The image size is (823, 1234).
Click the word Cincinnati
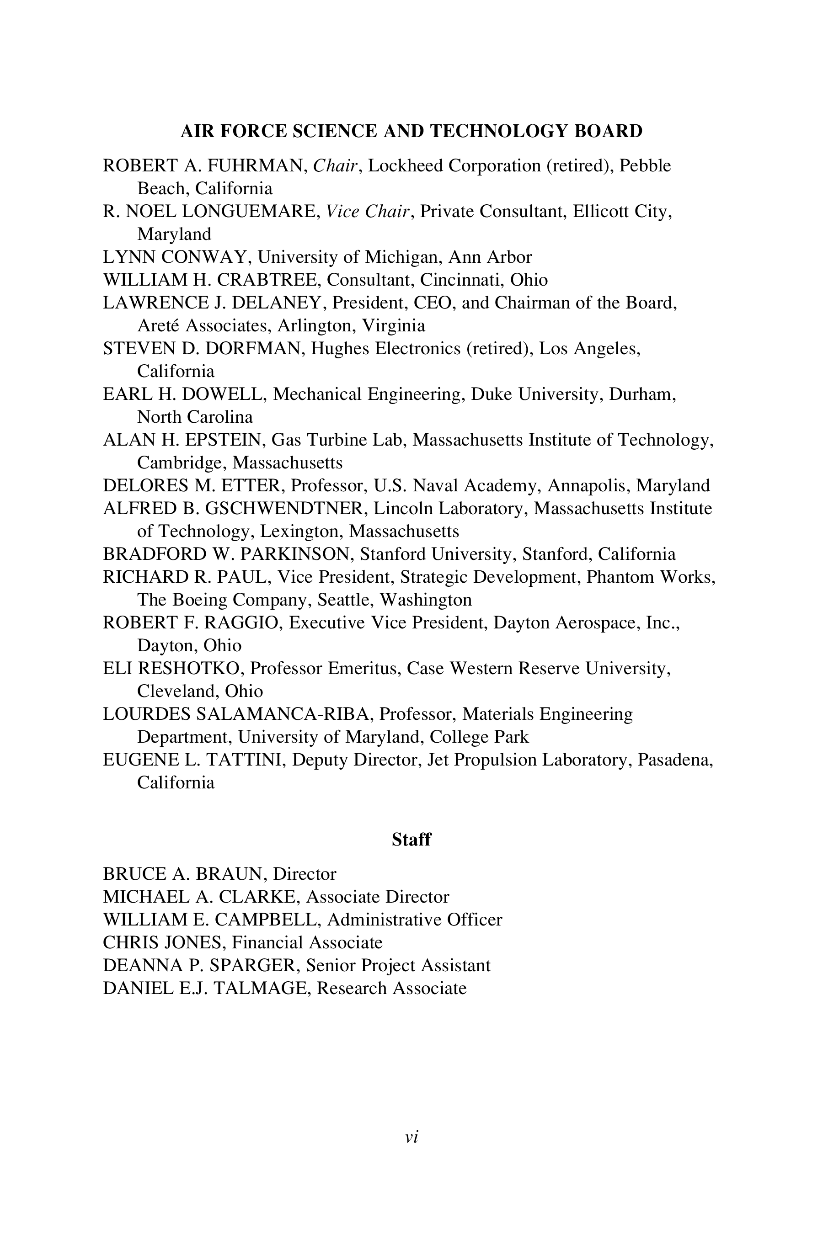(x=461, y=280)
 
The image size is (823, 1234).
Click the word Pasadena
(x=674, y=760)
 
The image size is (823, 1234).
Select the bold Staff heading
(x=411, y=840)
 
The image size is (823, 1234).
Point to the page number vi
(x=411, y=1137)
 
